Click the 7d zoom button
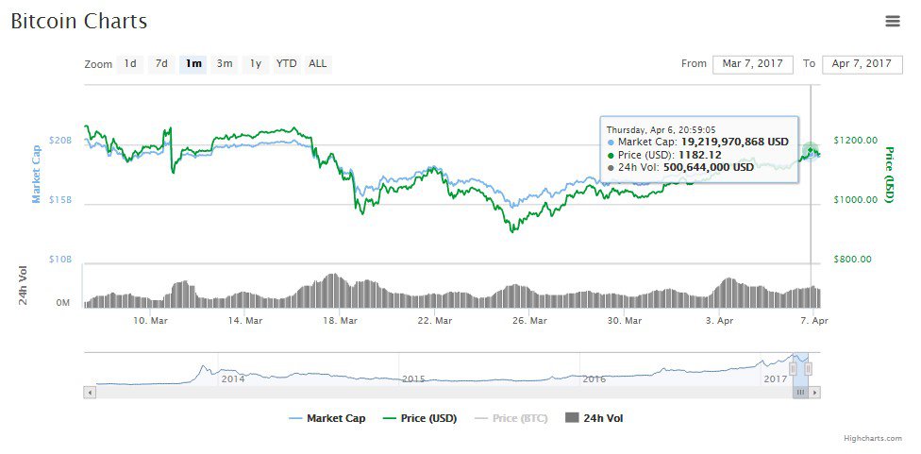[161, 64]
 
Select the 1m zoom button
[193, 64]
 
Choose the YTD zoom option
[286, 64]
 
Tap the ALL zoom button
[318, 64]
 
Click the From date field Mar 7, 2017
[752, 64]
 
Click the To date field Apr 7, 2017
[862, 64]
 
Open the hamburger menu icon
[893, 21]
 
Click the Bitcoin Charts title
[79, 21]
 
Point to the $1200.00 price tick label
[856, 141]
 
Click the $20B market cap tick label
[60, 141]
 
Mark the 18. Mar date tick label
[341, 321]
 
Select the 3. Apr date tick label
[720, 321]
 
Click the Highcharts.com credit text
[873, 438]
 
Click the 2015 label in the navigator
[414, 378]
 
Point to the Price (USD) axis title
[888, 175]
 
